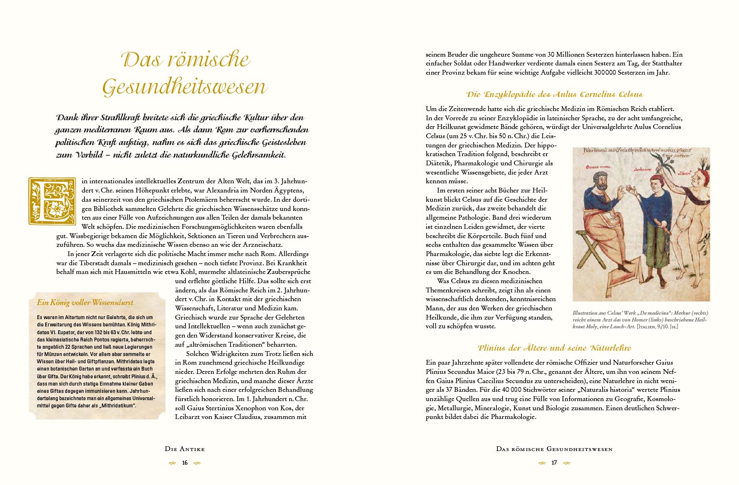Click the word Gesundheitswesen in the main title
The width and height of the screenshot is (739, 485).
pos(184,87)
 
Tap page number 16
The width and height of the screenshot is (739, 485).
pos(185,463)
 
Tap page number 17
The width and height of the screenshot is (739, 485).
pos(554,463)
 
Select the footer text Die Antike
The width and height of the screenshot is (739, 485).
pos(185,449)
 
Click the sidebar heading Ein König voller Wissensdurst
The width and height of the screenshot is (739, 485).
pos(85,302)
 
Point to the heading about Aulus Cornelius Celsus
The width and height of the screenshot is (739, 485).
pos(554,95)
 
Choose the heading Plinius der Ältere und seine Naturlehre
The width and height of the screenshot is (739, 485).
pos(554,348)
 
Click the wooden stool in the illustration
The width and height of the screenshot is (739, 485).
pos(585,252)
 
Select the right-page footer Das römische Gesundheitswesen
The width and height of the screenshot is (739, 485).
pos(554,449)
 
